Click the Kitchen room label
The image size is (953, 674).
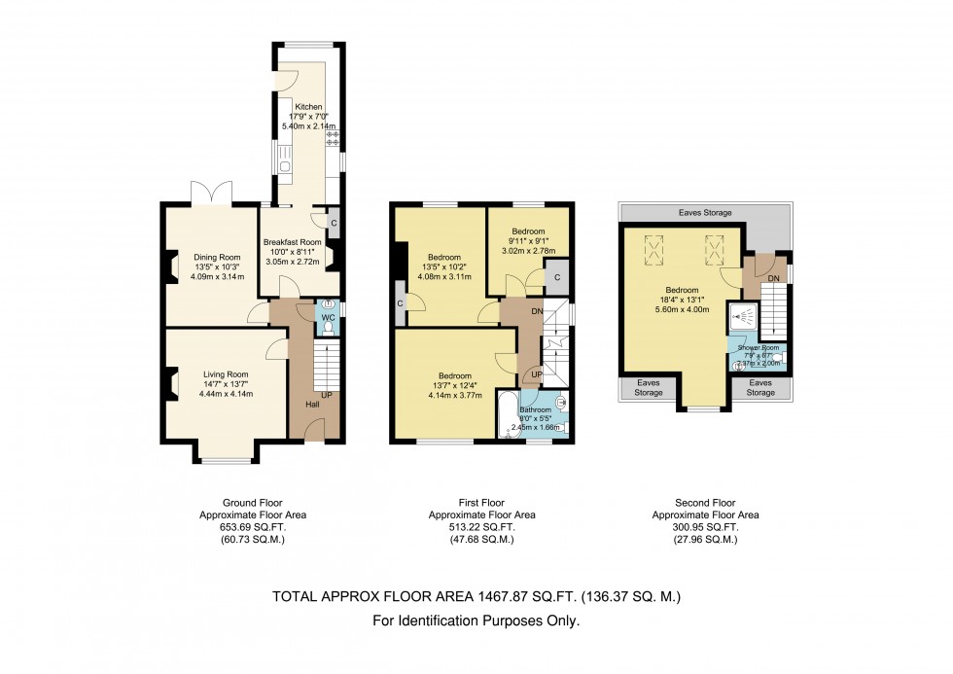coord(308,107)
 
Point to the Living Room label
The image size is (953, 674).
coord(226,374)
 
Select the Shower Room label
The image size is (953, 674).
coord(759,347)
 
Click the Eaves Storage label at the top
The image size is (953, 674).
coord(706,212)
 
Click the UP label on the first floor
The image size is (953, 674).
coord(536,374)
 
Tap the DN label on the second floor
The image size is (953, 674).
coord(773,279)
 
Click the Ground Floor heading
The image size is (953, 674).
coord(241,504)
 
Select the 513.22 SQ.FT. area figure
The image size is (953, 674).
coord(482,527)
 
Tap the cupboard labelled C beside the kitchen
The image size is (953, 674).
coord(334,222)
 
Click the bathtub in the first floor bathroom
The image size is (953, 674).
coord(508,416)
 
